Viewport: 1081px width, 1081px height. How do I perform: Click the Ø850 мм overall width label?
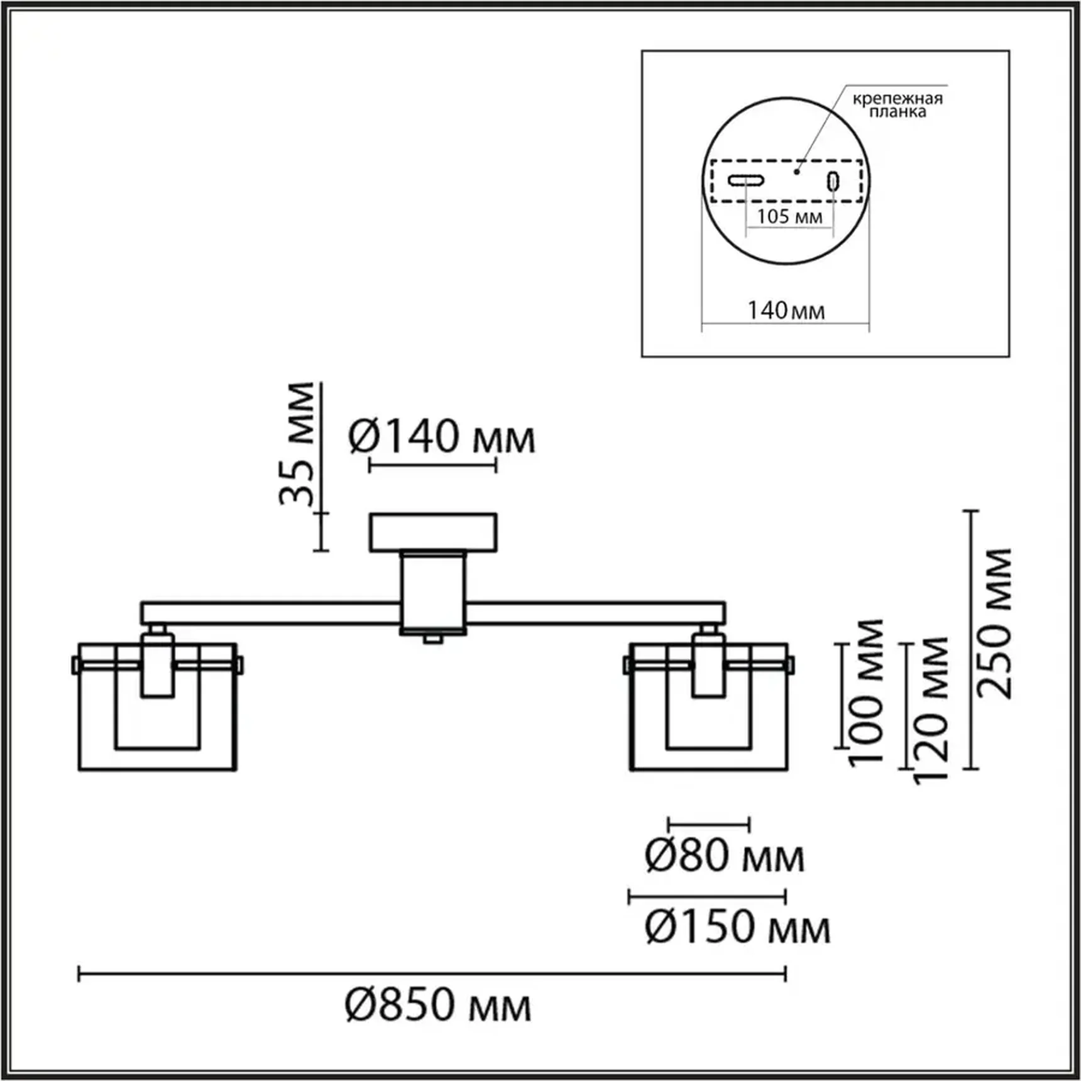click(438, 1005)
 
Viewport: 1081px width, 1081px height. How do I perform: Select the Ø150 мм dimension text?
click(737, 927)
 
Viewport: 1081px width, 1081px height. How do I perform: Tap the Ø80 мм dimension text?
click(724, 856)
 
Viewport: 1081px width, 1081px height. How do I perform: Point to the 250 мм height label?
click(995, 623)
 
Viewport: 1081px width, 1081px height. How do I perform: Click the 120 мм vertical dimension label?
click(931, 710)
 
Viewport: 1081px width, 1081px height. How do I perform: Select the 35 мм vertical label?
click(297, 443)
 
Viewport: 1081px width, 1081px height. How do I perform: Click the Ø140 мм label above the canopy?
click(441, 437)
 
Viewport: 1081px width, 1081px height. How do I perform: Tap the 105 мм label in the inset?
click(789, 217)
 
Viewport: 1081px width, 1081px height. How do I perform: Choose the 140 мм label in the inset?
click(786, 310)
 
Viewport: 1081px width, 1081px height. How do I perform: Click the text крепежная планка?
click(897, 105)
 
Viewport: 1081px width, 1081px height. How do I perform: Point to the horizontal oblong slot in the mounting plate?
click(746, 181)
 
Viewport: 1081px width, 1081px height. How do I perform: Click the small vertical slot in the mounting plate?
click(833, 182)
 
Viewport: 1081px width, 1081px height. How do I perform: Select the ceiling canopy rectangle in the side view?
click(433, 532)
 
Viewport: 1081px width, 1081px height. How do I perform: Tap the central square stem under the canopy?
click(433, 591)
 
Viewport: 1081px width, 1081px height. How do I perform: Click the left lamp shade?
click(157, 707)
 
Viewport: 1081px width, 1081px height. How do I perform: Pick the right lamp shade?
click(708, 707)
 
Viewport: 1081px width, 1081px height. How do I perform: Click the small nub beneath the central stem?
click(432, 639)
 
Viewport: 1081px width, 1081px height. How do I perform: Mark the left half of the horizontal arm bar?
click(270, 613)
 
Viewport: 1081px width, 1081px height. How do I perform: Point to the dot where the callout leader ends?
click(797, 171)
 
